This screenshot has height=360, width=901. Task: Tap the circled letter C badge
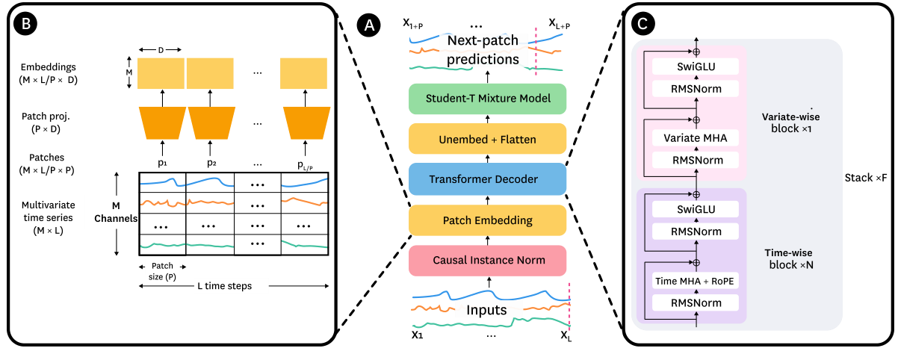(x=642, y=24)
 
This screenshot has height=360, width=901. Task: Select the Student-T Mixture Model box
(x=487, y=98)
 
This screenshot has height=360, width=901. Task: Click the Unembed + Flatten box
(x=487, y=139)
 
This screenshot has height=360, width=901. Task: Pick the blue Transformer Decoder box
(x=487, y=179)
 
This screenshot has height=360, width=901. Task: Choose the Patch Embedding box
(x=487, y=220)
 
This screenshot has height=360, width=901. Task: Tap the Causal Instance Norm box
(x=487, y=260)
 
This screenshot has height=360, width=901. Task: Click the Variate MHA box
(x=696, y=138)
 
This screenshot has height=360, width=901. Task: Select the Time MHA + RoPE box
(x=696, y=281)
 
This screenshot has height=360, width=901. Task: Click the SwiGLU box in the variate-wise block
(x=696, y=67)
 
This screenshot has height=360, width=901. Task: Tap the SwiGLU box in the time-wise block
(x=696, y=210)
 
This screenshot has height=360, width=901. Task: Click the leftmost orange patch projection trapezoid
(x=163, y=122)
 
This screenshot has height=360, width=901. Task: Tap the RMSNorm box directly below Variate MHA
(x=696, y=160)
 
